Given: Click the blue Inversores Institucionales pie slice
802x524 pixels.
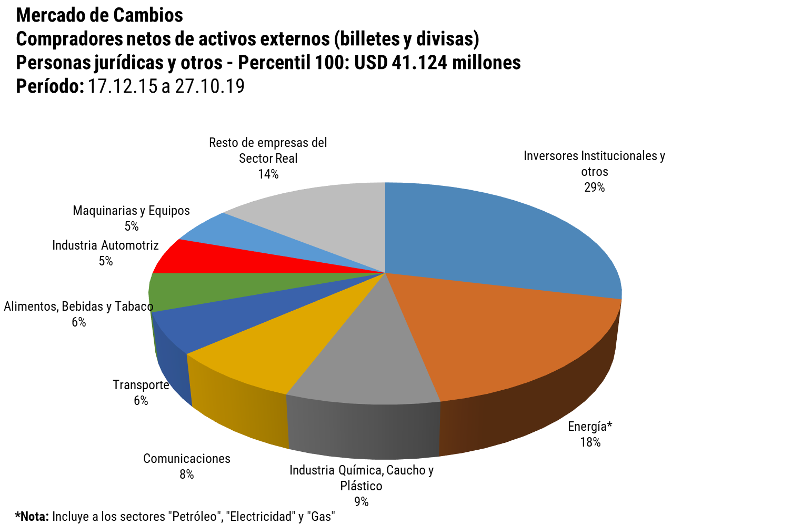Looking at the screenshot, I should [x=500, y=237].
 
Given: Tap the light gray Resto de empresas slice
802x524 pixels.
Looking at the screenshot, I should [x=326, y=221].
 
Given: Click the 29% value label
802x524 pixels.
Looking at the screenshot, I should [x=594, y=187].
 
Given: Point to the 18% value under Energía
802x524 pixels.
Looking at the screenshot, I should [x=590, y=442].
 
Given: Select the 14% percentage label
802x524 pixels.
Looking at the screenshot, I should [x=268, y=174].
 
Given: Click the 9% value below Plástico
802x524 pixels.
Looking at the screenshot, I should [x=361, y=502].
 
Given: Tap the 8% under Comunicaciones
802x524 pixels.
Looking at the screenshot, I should [x=186, y=474].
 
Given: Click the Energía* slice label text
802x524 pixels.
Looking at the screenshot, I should [x=590, y=427].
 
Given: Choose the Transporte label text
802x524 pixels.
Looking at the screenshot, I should [x=141, y=385].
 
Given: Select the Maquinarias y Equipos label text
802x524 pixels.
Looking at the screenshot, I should [x=131, y=211].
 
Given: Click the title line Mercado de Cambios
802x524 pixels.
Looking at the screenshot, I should [x=99, y=15].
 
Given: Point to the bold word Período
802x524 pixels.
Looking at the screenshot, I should [x=49, y=86].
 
